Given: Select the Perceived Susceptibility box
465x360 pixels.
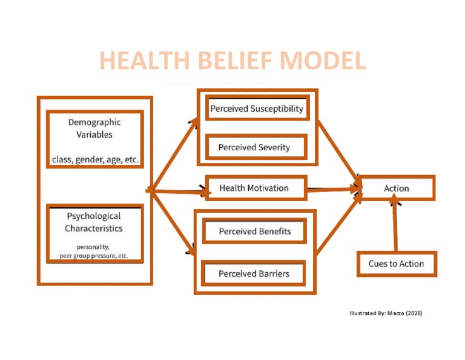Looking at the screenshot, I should click(x=256, y=109).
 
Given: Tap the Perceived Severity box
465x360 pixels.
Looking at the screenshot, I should click(x=254, y=147).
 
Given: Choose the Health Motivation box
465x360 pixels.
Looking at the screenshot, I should click(x=254, y=188).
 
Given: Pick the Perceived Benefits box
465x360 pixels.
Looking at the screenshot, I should click(x=254, y=232).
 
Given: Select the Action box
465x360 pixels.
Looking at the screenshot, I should click(x=397, y=188).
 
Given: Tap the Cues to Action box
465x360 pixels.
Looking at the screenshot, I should click(x=396, y=264).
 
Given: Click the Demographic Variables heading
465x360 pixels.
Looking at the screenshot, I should click(x=94, y=128).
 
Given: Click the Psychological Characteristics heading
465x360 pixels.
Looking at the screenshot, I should click(x=94, y=222).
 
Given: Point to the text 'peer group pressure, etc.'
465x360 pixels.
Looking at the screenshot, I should click(x=94, y=256).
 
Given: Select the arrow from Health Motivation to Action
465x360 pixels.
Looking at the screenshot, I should click(x=333, y=189).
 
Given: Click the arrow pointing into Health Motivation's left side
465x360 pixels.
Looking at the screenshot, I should click(x=179, y=192).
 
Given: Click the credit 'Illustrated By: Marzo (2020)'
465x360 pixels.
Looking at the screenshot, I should click(x=386, y=313).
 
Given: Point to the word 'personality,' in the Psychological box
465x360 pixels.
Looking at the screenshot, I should click(x=93, y=247).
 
